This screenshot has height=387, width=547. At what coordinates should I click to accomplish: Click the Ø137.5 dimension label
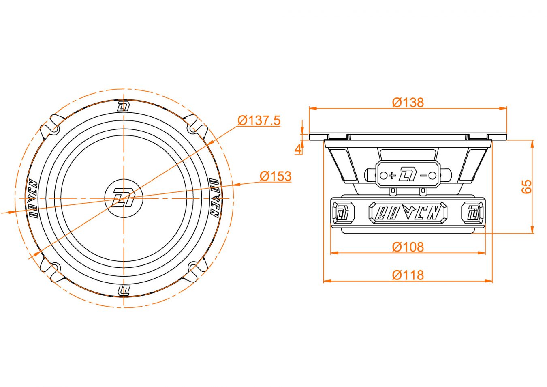[259, 120]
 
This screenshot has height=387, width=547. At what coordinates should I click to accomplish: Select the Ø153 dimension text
[276, 176]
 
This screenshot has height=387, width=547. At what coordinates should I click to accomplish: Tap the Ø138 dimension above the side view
[408, 103]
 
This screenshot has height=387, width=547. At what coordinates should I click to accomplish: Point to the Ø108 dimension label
[408, 247]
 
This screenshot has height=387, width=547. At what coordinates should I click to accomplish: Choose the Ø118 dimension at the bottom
[408, 275]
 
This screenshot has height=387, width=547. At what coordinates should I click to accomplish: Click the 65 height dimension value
[527, 187]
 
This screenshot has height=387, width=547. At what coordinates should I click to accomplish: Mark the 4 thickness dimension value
[298, 149]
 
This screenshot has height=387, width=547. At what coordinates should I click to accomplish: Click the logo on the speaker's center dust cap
[124, 198]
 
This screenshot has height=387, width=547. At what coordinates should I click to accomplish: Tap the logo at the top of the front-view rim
[124, 106]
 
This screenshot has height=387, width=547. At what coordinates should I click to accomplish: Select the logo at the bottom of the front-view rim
[124, 290]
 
